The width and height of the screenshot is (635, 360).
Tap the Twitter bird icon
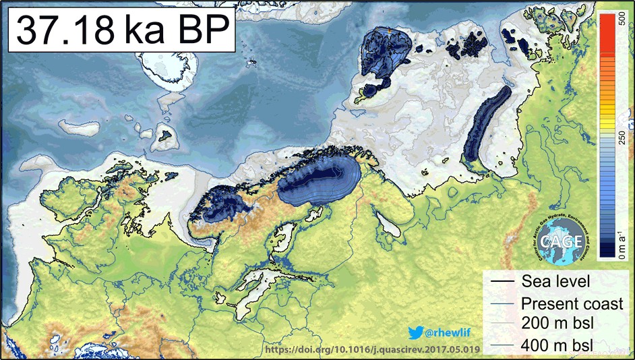pyautogui.click(x=415, y=332)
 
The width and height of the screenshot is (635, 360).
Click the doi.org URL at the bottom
pyautogui.click(x=373, y=349)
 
